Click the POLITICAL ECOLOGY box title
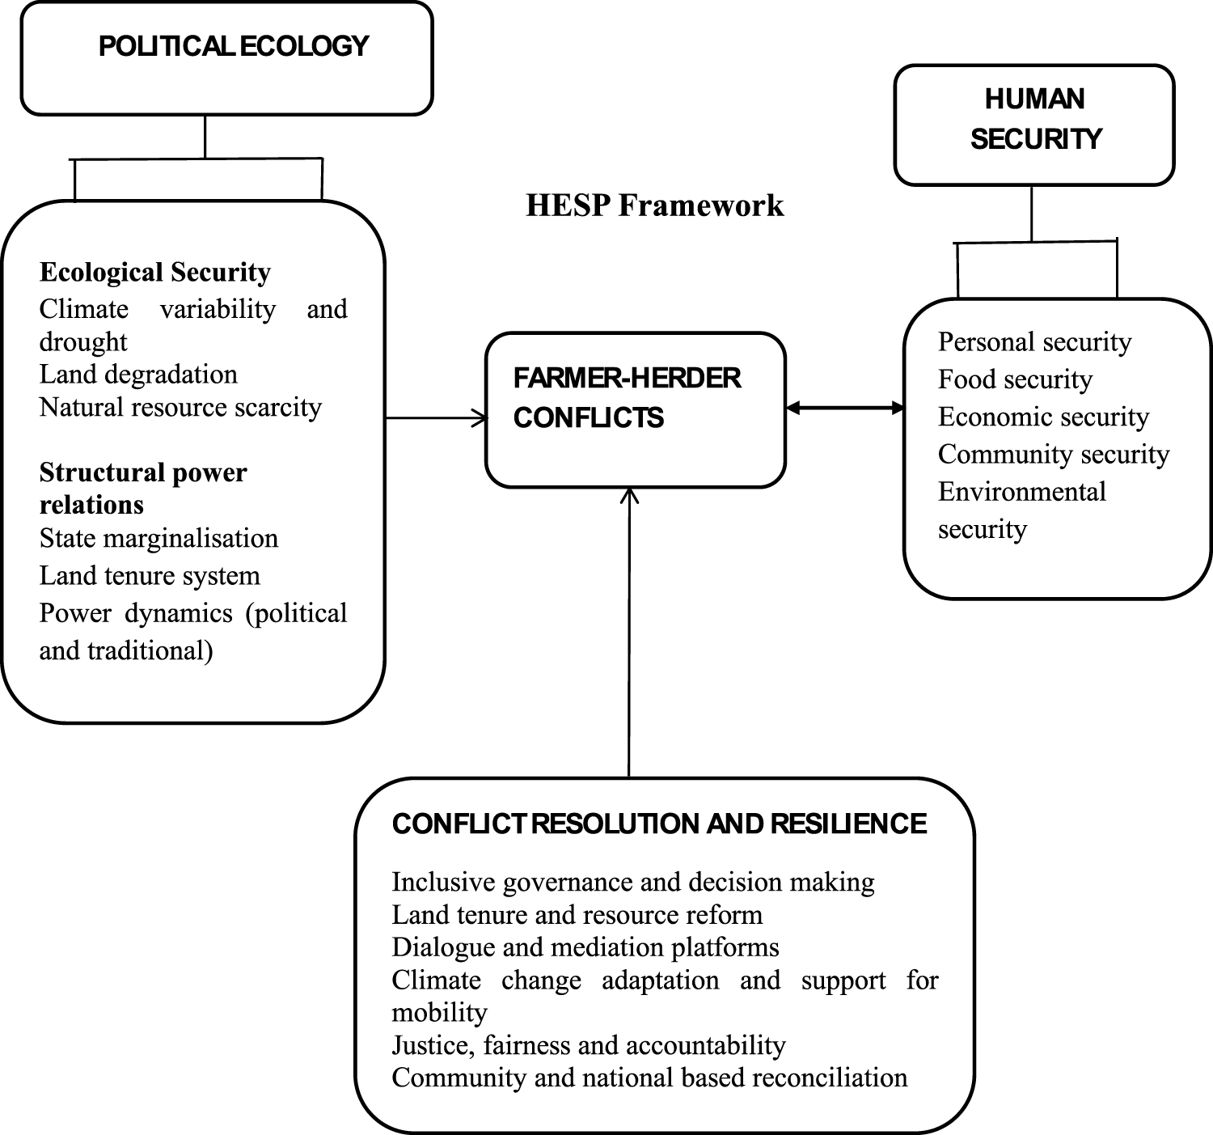(x=233, y=47)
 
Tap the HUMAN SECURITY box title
(x=1035, y=119)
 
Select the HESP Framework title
(x=654, y=205)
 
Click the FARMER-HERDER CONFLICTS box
(x=635, y=409)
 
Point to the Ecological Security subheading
(x=154, y=273)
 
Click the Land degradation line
(x=138, y=375)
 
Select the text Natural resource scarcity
(x=180, y=407)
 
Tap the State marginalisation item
(x=158, y=539)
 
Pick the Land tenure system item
(x=150, y=576)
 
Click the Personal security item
(x=1034, y=342)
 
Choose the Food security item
(x=1015, y=379)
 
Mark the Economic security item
(x=1043, y=417)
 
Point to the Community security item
(x=1054, y=455)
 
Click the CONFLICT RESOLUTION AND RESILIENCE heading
(x=659, y=824)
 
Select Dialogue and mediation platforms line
(x=585, y=947)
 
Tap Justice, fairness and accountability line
(x=589, y=1046)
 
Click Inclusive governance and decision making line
(x=633, y=883)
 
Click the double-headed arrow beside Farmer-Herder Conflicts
(x=845, y=409)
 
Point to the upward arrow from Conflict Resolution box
(x=629, y=631)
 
